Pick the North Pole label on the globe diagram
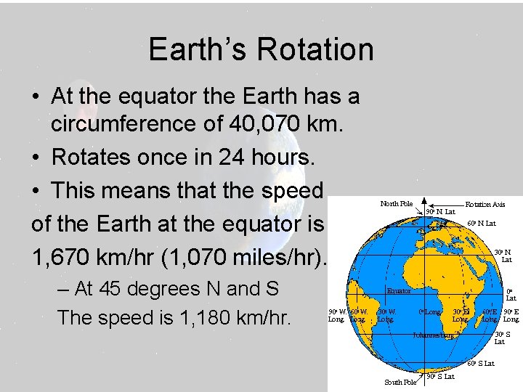click(396, 204)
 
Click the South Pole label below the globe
click(400, 382)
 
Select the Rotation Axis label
click(485, 205)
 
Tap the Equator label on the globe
click(399, 291)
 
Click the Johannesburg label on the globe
click(432, 335)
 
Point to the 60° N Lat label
click(482, 224)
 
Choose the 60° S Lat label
click(481, 363)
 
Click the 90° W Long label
click(336, 315)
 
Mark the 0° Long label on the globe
click(430, 312)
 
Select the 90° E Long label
click(511, 315)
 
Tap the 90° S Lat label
click(441, 377)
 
